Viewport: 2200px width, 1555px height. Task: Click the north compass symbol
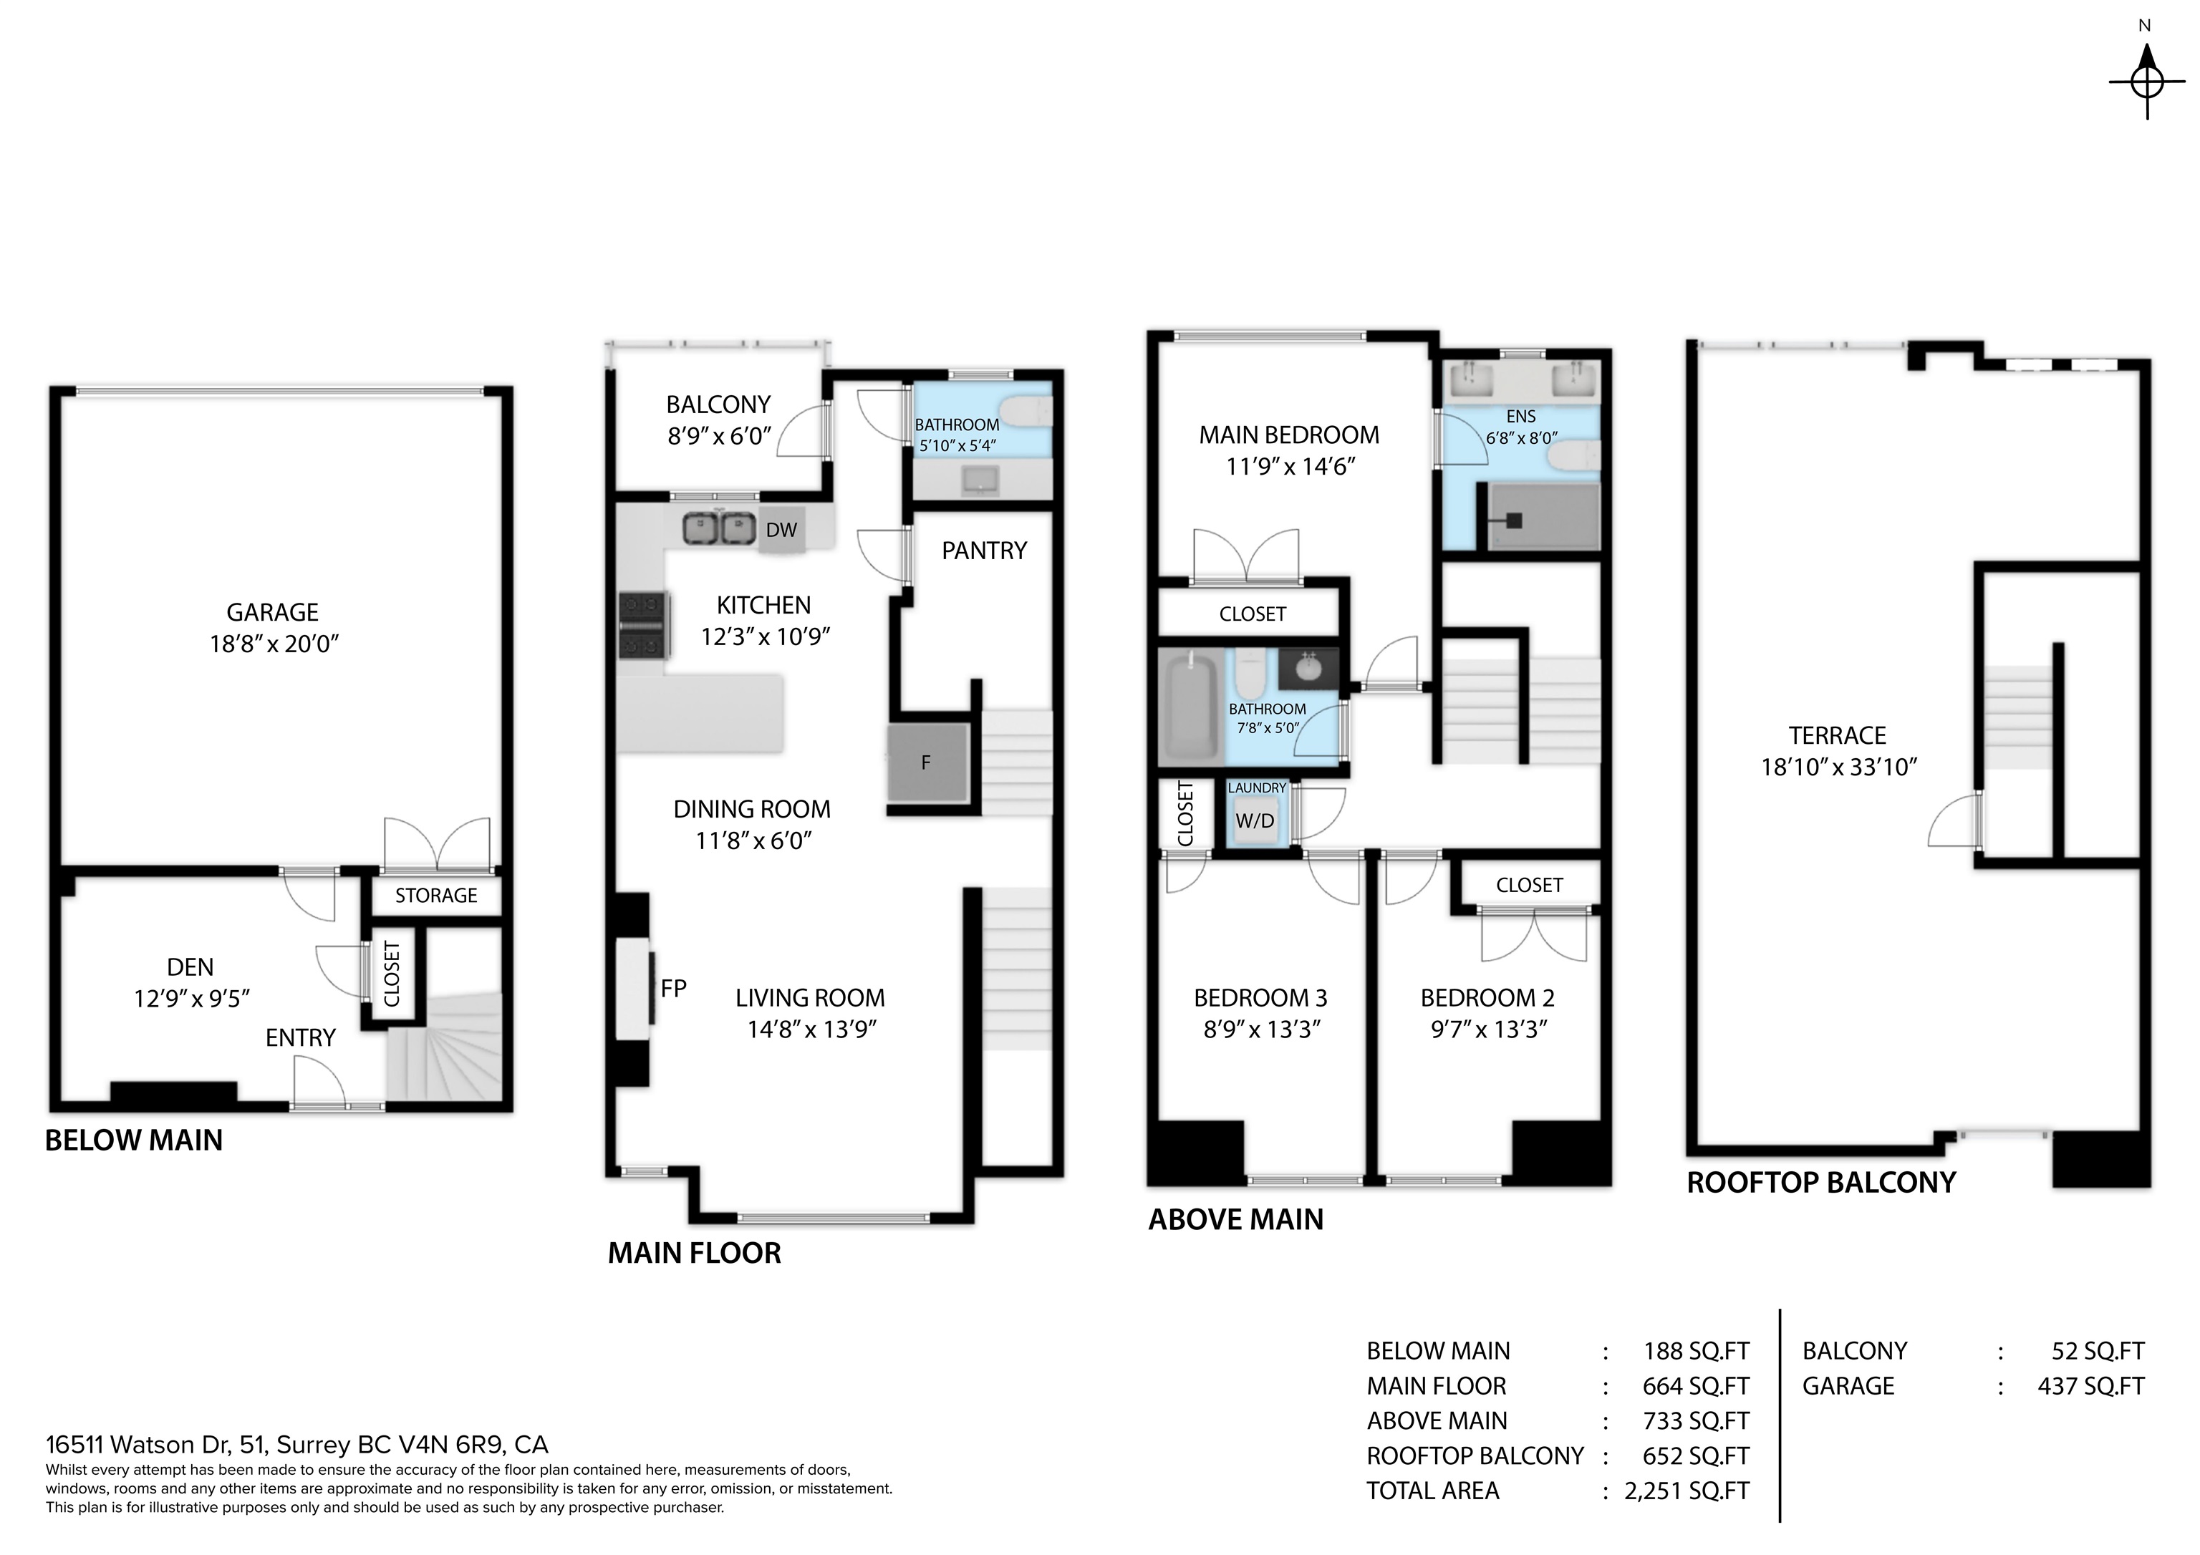tap(2146, 82)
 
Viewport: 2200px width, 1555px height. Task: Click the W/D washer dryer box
tap(1254, 821)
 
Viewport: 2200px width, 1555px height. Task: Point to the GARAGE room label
tap(272, 612)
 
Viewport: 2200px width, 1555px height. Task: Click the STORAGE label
tap(436, 896)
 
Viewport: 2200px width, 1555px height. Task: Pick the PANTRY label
tap(984, 551)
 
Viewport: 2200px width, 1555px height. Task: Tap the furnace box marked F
tap(925, 762)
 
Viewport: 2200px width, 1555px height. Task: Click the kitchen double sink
tap(715, 527)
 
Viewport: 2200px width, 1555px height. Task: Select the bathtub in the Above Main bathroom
tap(1190, 707)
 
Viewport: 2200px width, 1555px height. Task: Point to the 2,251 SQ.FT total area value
tap(1687, 1491)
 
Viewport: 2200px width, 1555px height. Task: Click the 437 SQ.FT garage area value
tap(2090, 1386)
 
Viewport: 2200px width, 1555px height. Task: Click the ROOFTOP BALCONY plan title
tap(1820, 1182)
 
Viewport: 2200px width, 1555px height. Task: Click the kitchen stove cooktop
tap(643, 625)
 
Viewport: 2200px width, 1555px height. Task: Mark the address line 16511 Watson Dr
tap(297, 1445)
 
